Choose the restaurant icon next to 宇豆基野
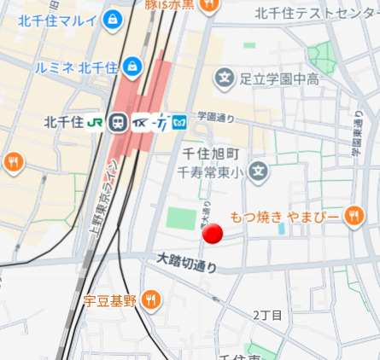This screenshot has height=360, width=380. pyautogui.click(x=151, y=299)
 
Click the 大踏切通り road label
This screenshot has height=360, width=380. pyautogui.click(x=187, y=262)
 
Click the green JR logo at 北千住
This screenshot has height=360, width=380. pyautogui.click(x=95, y=122)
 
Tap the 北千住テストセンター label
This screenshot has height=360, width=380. pyautogui.click(x=316, y=12)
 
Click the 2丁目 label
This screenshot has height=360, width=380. pyautogui.click(x=267, y=315)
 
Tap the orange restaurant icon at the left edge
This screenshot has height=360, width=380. pyautogui.click(x=13, y=161)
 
